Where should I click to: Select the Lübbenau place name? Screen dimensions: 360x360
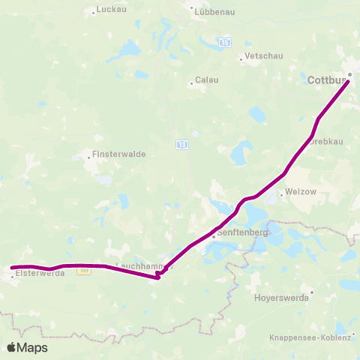point(213,12)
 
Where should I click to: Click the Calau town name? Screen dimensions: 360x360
point(206,79)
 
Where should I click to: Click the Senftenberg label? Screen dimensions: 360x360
point(241,233)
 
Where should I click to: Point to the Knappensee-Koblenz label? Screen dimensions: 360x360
point(309,338)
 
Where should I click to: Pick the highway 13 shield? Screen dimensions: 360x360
point(182,143)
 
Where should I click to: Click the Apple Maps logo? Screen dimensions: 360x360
point(27,347)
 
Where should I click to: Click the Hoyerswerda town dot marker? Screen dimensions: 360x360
point(311,289)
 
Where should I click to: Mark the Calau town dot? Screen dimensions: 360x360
point(191,83)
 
